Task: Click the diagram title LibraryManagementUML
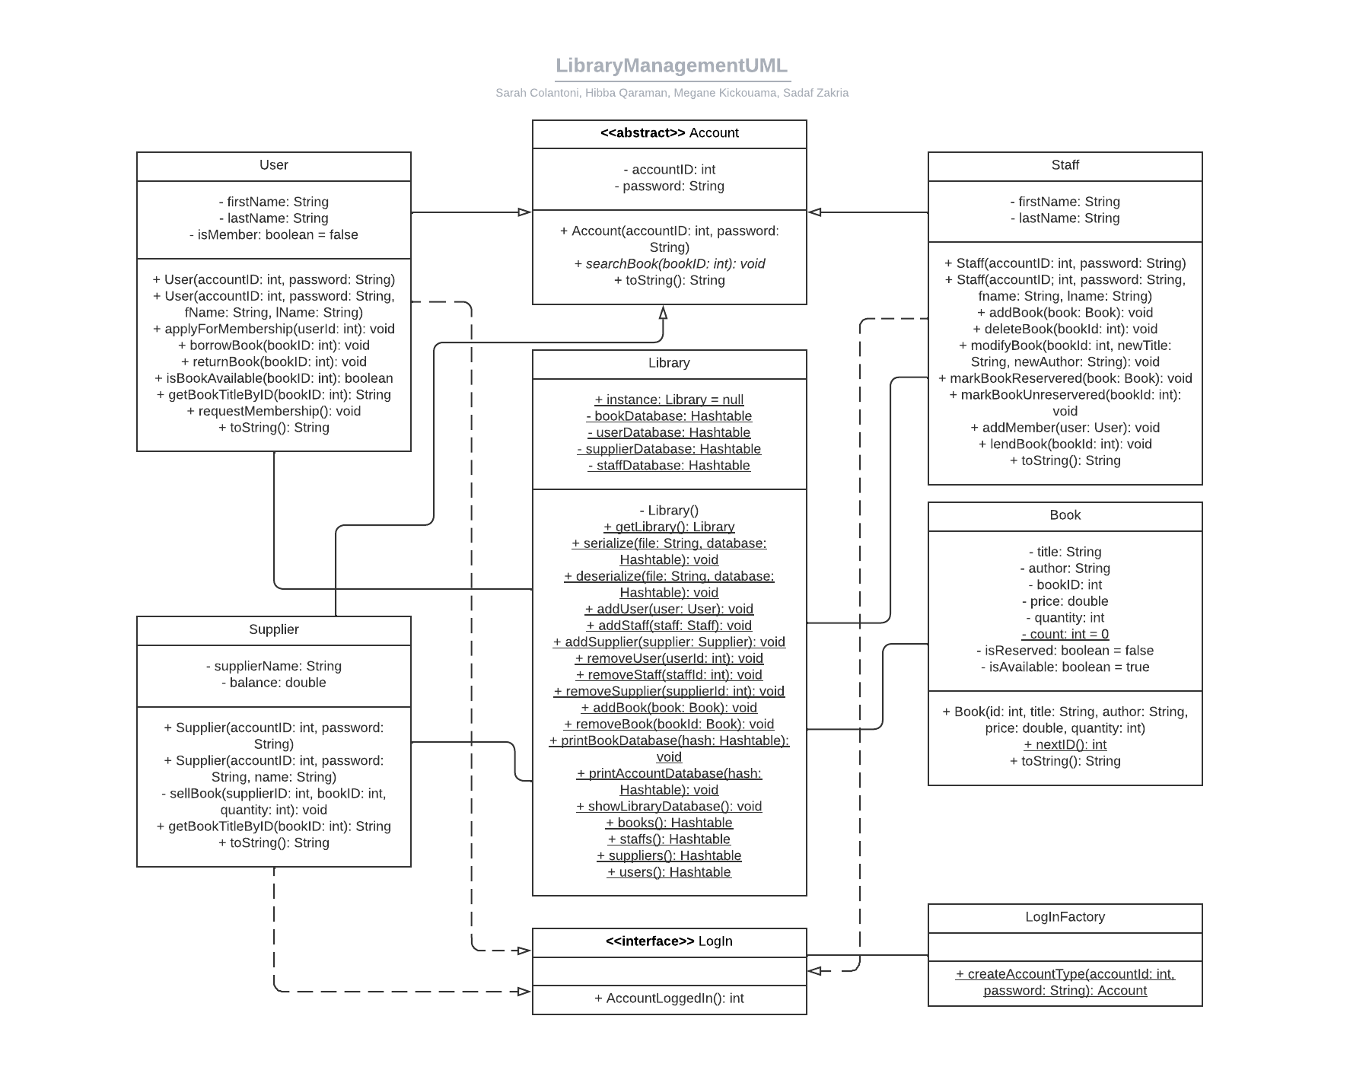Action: click(671, 65)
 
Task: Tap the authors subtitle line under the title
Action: click(671, 93)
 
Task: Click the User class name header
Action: click(273, 165)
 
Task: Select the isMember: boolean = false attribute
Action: click(273, 234)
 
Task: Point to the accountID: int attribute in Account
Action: click(669, 170)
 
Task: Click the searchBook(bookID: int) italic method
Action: click(669, 264)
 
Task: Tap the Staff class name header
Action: click(1065, 165)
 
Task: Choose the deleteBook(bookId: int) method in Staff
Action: click(1065, 329)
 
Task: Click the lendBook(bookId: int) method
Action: click(1065, 444)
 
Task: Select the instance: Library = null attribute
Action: click(669, 400)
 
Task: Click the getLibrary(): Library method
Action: click(669, 527)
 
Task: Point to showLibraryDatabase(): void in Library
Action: click(669, 806)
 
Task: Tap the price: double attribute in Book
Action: click(1065, 601)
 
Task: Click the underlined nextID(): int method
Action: click(1065, 744)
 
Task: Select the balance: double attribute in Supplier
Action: click(273, 683)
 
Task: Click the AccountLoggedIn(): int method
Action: click(669, 998)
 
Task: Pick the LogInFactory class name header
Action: click(1065, 917)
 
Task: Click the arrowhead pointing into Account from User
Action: click(524, 212)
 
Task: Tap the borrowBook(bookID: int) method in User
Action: click(273, 346)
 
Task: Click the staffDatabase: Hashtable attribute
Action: click(669, 465)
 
